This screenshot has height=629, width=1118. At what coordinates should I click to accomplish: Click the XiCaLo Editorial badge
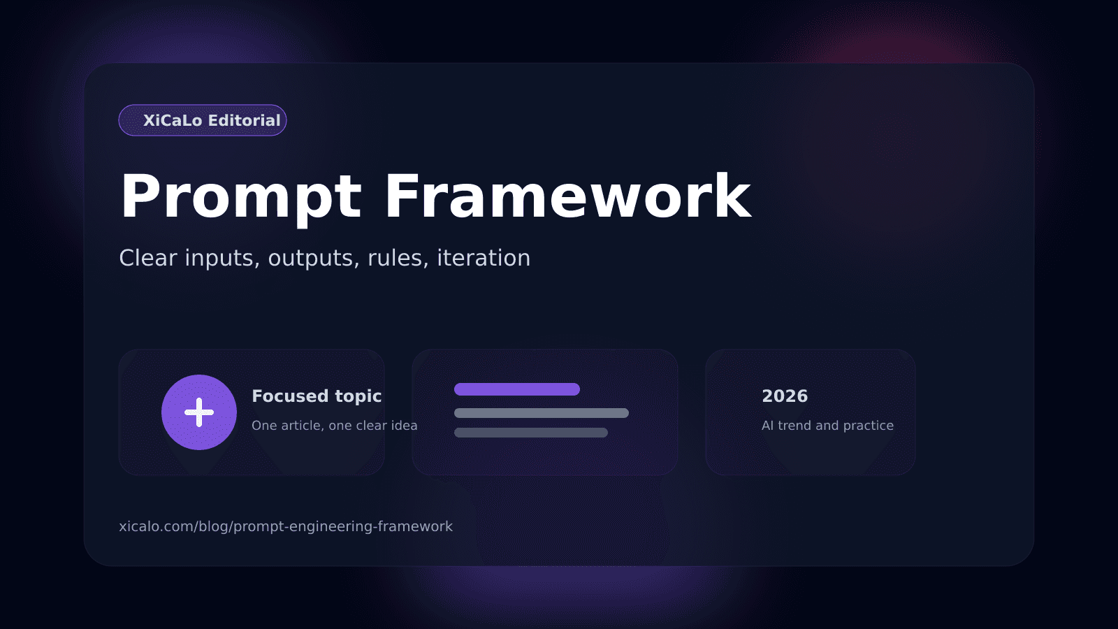(203, 120)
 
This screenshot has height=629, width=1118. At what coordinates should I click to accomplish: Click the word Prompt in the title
(240, 198)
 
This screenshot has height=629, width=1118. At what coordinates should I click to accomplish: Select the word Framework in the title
(567, 198)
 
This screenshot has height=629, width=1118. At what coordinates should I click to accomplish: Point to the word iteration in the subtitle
(484, 258)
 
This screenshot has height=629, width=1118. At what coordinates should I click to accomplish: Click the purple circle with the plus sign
(199, 412)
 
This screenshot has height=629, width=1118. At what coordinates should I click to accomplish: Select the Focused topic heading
(317, 396)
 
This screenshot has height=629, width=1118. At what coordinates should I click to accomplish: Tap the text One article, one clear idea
(334, 426)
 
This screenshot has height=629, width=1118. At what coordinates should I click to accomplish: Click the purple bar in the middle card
(517, 389)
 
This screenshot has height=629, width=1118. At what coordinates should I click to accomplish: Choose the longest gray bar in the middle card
(542, 413)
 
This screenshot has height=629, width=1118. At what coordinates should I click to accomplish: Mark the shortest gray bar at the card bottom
(531, 433)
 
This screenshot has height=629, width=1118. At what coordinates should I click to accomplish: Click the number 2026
(785, 396)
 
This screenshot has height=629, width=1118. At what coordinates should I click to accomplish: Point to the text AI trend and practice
(827, 426)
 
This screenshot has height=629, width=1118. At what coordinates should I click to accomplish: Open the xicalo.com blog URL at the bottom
(286, 526)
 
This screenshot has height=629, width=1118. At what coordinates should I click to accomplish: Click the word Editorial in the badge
(245, 120)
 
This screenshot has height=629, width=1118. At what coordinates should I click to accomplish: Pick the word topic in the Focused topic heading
(358, 397)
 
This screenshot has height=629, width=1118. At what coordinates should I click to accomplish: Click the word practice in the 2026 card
(868, 426)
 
